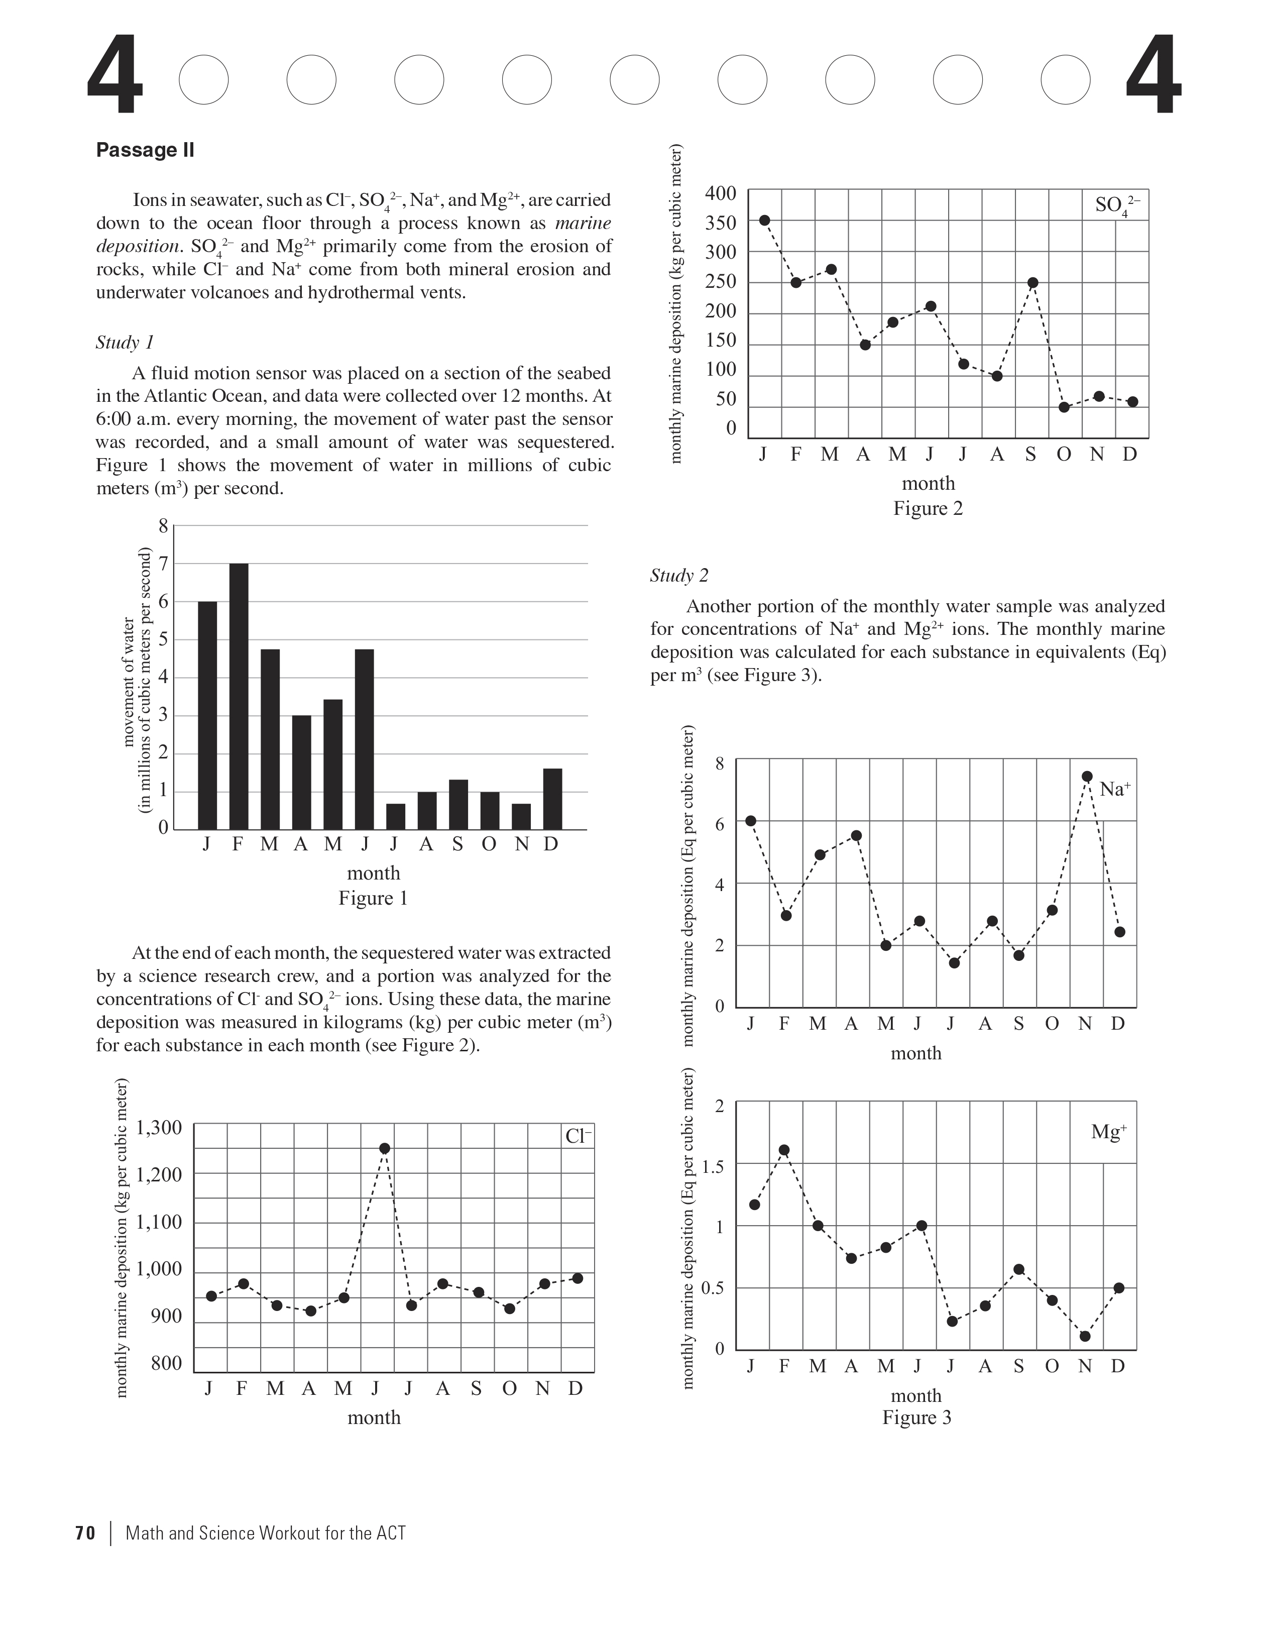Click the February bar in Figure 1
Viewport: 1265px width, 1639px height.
tap(239, 696)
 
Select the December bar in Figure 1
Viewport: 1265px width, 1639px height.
tap(552, 799)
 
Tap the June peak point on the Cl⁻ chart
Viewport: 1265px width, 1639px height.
tap(385, 1148)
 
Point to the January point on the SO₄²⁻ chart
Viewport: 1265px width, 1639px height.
tap(764, 220)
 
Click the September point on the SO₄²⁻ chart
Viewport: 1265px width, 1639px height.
tap(1032, 283)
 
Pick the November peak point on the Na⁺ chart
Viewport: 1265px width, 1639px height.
tap(1086, 776)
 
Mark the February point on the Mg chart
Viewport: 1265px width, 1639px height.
tap(784, 1150)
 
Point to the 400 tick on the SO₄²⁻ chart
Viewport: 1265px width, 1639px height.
tap(721, 193)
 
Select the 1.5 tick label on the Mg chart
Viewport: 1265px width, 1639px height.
tap(713, 1167)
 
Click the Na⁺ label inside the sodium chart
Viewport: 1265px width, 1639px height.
tap(1115, 789)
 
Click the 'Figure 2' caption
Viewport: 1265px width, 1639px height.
tap(928, 509)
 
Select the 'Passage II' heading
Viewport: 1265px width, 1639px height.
tap(145, 150)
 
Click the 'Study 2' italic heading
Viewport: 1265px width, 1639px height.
tap(679, 576)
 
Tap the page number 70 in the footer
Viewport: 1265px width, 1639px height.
tap(85, 1533)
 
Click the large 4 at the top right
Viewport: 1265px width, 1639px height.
tap(1153, 85)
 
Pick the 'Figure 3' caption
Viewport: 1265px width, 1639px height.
tap(916, 1417)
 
